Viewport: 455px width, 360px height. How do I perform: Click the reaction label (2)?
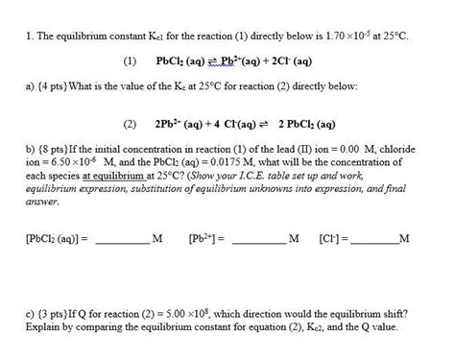tap(131, 124)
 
